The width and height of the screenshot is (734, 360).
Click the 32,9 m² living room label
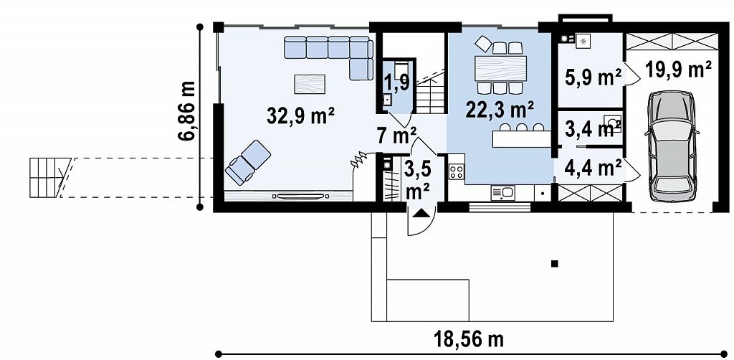[x=300, y=115]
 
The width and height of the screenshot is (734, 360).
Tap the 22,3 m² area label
[x=500, y=109]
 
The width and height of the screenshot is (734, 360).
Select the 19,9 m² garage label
[x=678, y=70]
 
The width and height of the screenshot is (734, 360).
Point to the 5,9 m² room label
[x=593, y=77]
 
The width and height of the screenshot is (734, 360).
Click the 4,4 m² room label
[x=593, y=167]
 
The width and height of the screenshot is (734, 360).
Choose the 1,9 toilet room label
[x=398, y=82]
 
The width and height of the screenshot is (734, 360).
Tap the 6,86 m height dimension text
[x=186, y=110]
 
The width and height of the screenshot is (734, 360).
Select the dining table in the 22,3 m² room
[x=500, y=69]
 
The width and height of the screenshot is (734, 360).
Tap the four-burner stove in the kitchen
[x=457, y=171]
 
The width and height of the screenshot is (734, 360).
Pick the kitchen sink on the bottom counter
[x=502, y=192]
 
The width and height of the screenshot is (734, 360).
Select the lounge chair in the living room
[x=247, y=162]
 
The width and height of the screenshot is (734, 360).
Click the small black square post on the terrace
[x=555, y=264]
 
